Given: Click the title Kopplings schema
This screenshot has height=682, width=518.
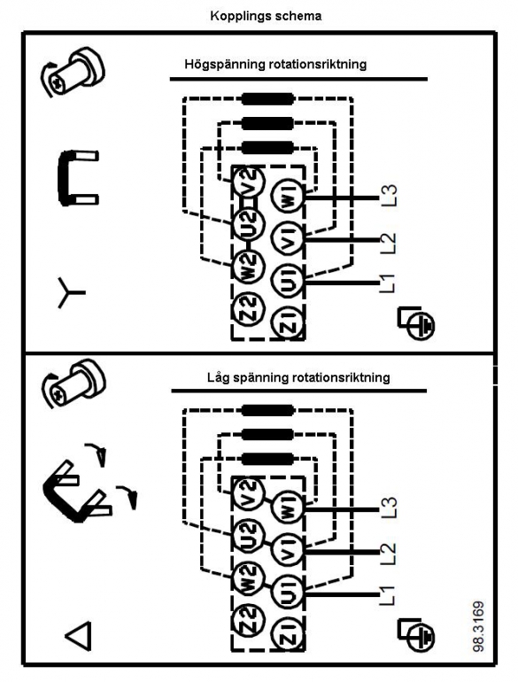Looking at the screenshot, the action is (266, 17).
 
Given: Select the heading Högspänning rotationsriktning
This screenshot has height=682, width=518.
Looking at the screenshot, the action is (275, 65).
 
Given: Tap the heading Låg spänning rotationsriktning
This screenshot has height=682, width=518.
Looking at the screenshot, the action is (298, 377).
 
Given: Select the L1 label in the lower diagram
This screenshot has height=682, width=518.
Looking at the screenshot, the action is (387, 595).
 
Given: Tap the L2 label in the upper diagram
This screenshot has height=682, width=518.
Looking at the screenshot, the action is (388, 243).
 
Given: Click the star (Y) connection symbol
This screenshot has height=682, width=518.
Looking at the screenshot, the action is (71, 292).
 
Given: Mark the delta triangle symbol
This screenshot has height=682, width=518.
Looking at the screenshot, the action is (79, 636).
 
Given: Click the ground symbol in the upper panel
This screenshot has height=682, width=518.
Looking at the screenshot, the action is (416, 322).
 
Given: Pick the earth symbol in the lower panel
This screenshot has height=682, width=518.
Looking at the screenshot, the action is (416, 635).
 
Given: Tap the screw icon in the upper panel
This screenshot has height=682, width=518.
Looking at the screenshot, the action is (73, 73).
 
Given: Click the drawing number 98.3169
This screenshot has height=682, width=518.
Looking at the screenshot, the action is (478, 626).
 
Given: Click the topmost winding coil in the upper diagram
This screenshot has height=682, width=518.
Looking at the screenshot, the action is (267, 98).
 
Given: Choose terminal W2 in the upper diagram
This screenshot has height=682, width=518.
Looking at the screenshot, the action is (247, 266).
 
